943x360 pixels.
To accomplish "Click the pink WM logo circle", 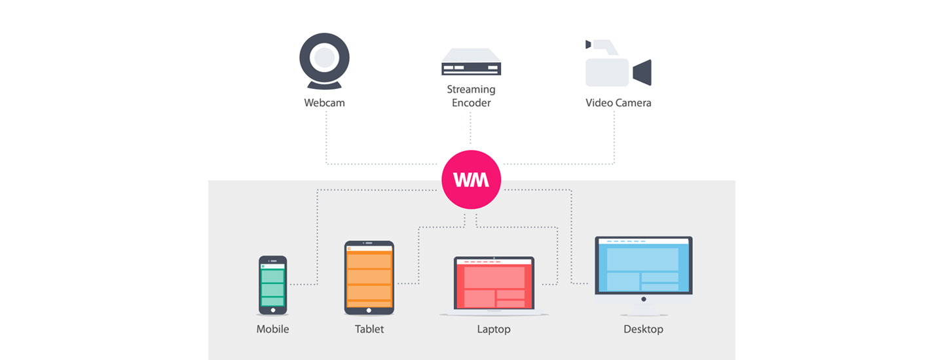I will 471,180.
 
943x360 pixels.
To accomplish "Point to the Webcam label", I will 324,103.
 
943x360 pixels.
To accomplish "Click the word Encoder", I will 471,103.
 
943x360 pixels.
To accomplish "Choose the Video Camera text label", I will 618,103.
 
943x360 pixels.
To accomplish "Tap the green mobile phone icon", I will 272,285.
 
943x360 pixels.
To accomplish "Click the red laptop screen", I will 494,283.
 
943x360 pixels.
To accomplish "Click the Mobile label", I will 272,329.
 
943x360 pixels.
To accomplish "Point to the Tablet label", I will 369,329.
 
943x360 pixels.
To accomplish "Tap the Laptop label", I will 494,329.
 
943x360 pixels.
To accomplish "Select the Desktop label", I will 643,329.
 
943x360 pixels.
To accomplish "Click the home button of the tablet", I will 369,310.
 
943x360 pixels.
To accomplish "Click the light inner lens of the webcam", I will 324,58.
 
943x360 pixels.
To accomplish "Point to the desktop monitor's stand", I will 643,308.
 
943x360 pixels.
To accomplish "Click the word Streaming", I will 471,90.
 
